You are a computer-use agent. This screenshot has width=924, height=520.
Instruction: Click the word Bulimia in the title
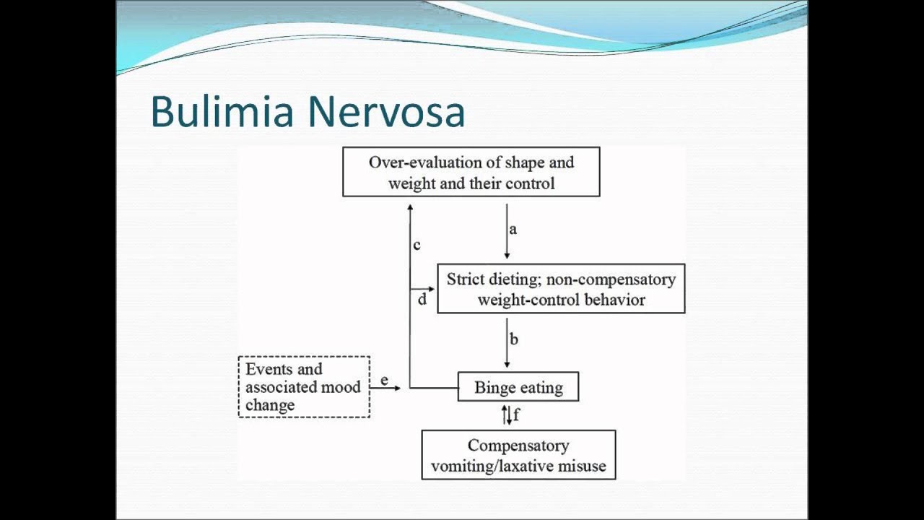[222, 112]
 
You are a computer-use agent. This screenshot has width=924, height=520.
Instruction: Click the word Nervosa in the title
[385, 112]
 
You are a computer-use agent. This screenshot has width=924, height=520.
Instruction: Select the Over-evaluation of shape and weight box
[471, 172]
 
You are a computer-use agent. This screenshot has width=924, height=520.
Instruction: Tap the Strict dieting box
[561, 289]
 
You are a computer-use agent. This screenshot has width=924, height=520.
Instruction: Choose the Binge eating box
[518, 387]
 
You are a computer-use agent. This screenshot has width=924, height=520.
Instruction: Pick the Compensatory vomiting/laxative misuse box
[518, 455]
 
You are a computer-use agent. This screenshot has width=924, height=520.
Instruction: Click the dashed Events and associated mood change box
[304, 386]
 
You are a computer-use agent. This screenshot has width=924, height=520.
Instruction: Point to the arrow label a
[513, 230]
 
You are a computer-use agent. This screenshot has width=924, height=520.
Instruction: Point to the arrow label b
[514, 339]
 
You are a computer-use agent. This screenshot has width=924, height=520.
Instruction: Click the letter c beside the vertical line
[417, 246]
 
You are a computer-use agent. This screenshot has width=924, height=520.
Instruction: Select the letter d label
[422, 299]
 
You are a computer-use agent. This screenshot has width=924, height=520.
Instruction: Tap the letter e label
[384, 380]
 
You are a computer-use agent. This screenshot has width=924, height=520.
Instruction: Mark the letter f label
[516, 415]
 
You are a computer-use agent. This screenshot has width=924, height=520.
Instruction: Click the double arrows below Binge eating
[507, 415]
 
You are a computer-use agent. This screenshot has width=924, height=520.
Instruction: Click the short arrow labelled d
[422, 289]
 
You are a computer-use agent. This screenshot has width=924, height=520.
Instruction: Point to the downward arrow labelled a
[507, 231]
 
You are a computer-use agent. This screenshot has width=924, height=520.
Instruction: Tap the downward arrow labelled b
[507, 342]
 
